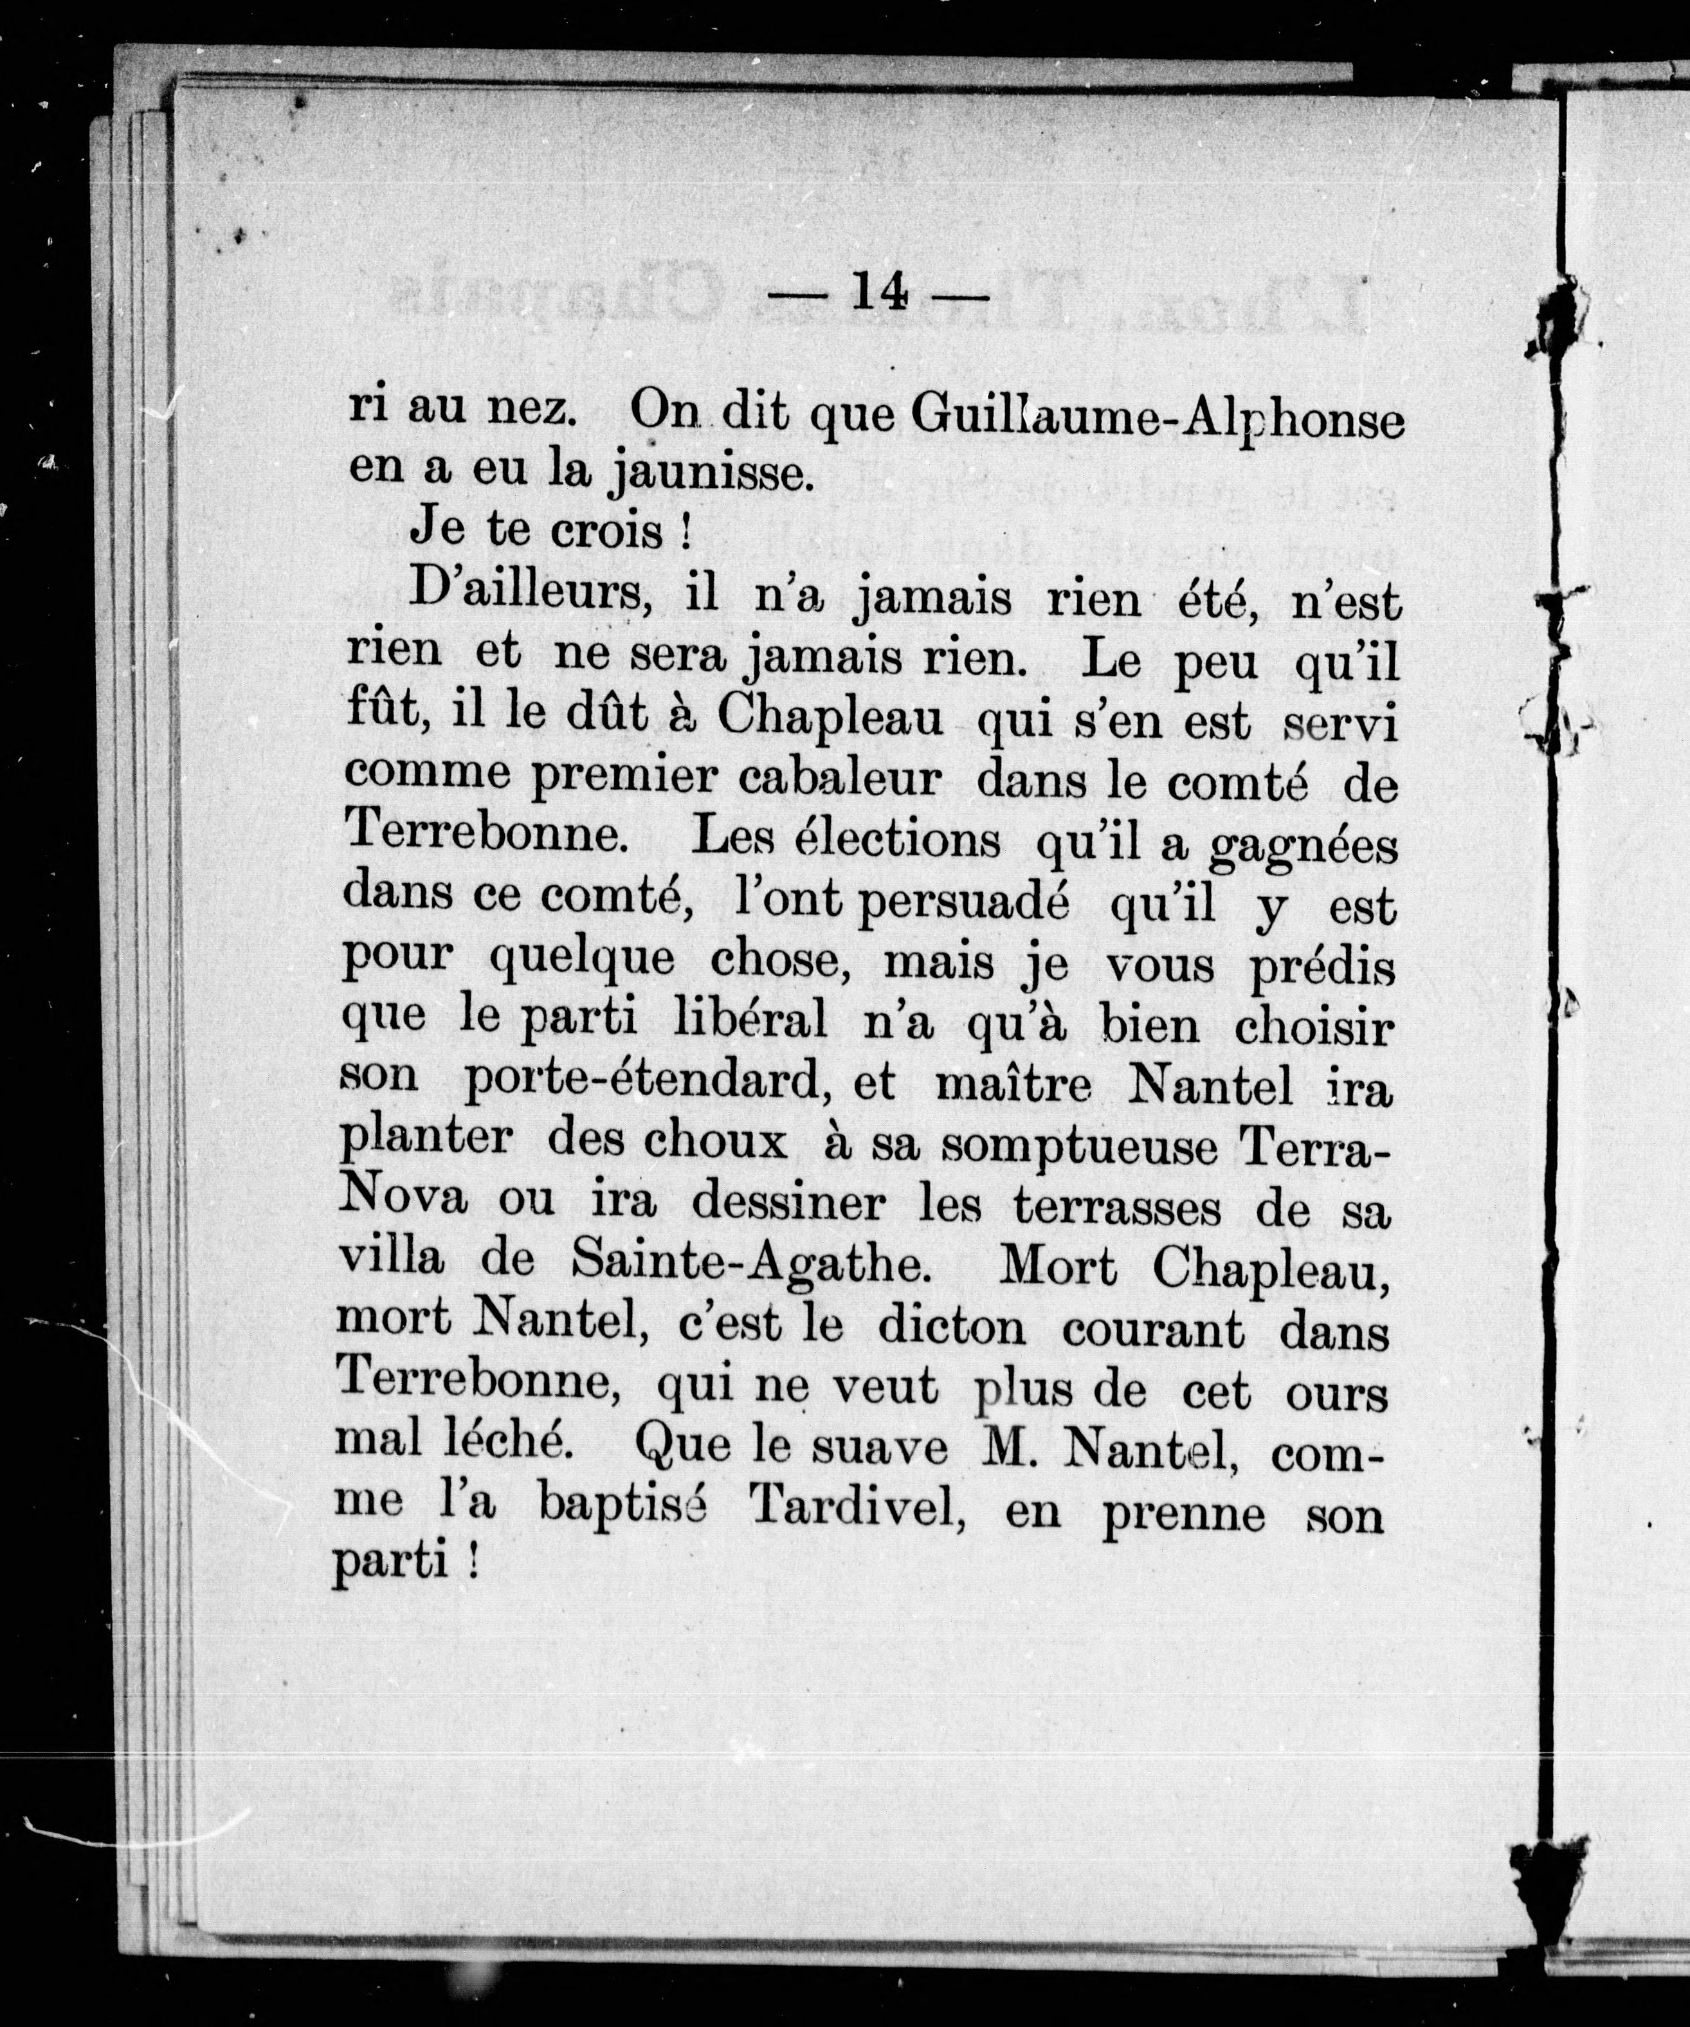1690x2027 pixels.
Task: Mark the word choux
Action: [715, 1143]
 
